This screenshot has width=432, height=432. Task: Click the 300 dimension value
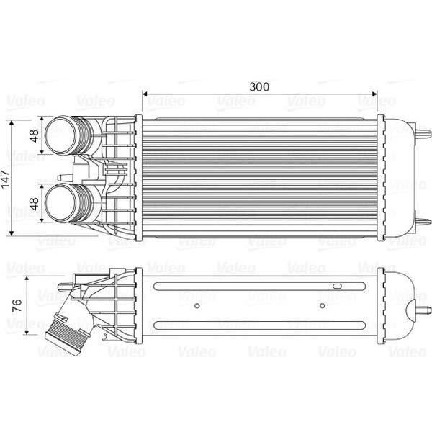259,87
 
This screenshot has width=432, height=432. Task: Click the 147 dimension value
6,179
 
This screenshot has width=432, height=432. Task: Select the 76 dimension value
17,305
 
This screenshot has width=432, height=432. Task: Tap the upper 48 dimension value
35,136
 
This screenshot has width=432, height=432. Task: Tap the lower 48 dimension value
35,204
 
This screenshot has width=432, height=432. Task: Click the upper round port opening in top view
60,135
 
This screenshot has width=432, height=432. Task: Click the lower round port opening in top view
60,203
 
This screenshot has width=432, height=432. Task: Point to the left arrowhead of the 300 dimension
145,94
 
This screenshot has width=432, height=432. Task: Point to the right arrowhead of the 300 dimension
374,94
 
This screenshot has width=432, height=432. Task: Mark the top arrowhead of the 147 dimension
12,123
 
